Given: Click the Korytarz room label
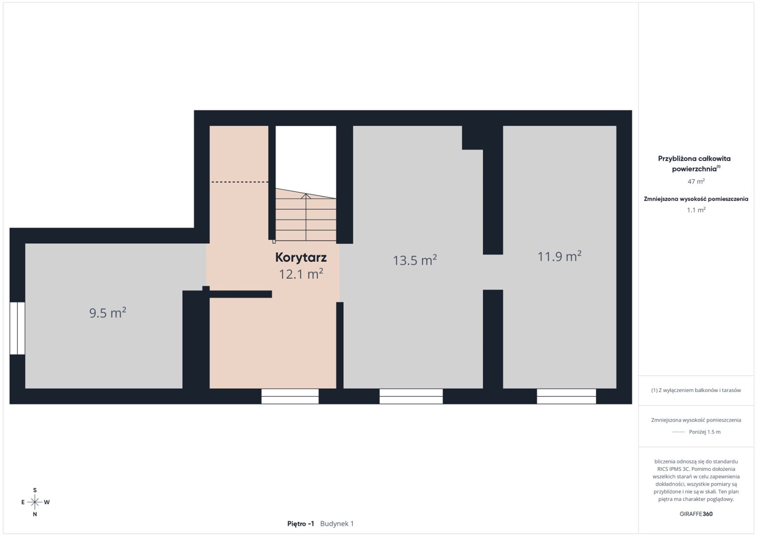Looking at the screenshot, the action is (x=301, y=258).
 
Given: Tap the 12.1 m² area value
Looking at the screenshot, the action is (x=301, y=274).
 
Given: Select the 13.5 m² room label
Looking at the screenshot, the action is (x=415, y=260).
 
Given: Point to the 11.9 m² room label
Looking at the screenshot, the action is (x=559, y=256).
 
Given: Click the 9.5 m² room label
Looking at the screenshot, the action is (x=108, y=313).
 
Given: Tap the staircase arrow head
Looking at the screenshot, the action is (x=306, y=196).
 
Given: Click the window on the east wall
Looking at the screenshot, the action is (x=17, y=328).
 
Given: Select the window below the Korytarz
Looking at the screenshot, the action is (x=290, y=396).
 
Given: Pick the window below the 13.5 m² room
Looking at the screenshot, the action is (x=411, y=396).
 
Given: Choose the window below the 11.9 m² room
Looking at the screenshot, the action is (x=567, y=396).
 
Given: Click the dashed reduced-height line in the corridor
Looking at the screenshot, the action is (x=240, y=182).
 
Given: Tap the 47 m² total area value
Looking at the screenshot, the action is (x=696, y=181).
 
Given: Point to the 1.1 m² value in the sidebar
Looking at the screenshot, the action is (x=696, y=209).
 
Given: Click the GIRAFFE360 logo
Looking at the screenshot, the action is (x=696, y=514).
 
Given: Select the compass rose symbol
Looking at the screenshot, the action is (x=35, y=502).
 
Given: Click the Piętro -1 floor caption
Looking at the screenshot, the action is (x=301, y=524).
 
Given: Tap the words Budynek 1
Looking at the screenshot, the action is (x=337, y=524).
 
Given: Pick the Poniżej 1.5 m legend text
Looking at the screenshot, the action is (x=704, y=432).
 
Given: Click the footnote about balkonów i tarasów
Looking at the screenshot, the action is (x=696, y=390).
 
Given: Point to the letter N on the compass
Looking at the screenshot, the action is (x=35, y=514).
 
